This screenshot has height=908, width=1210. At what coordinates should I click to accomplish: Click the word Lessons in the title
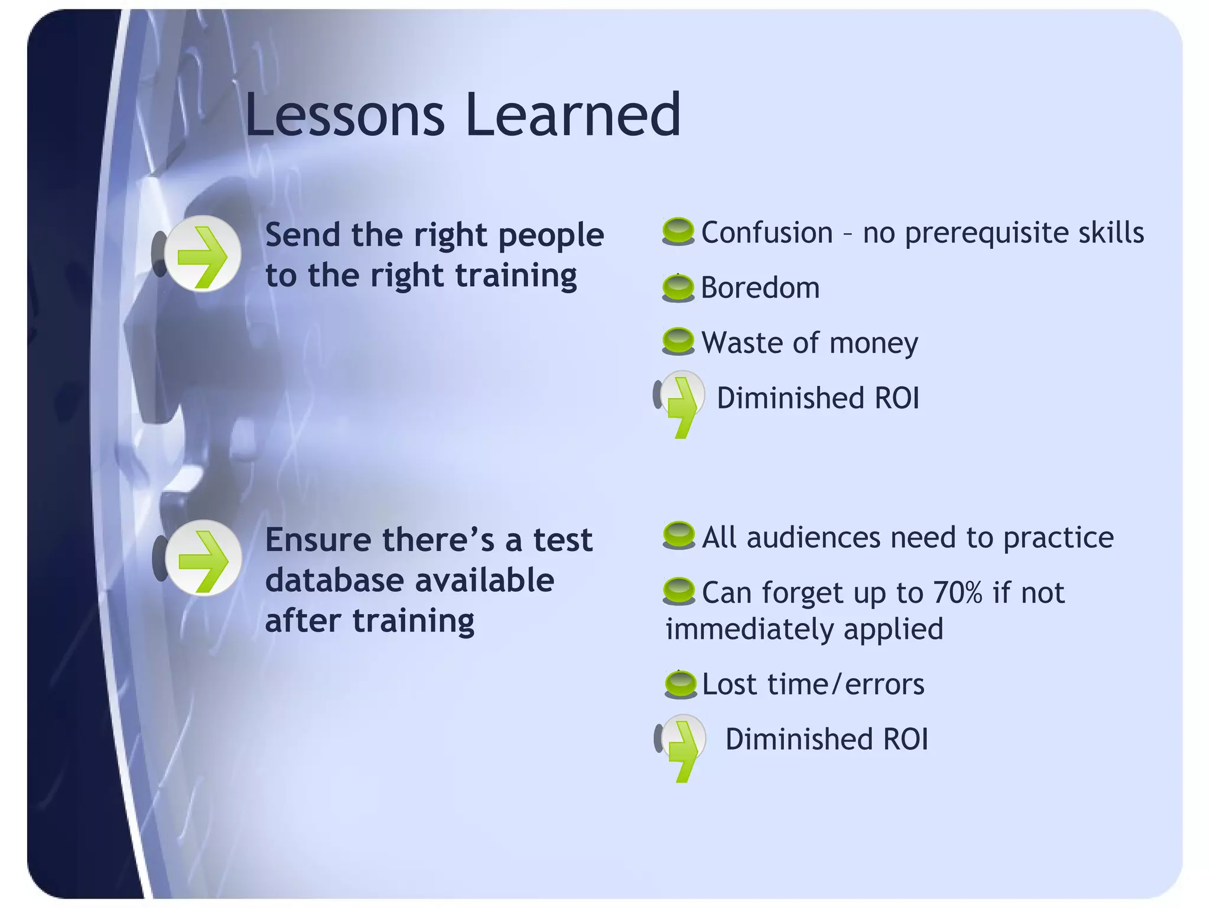(x=344, y=115)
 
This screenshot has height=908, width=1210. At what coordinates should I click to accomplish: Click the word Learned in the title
(x=573, y=115)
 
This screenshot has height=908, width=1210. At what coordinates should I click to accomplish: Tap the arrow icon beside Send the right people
(x=202, y=254)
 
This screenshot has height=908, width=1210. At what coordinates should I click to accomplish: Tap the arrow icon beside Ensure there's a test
(x=203, y=558)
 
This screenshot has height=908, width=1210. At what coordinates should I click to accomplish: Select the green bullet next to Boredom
(x=678, y=288)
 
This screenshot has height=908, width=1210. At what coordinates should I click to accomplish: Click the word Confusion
(x=766, y=232)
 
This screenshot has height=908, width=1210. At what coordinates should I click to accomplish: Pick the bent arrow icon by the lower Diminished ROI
(x=683, y=745)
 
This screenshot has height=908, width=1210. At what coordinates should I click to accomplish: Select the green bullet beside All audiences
(x=678, y=536)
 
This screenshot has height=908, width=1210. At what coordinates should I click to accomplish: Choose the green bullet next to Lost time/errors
(x=680, y=685)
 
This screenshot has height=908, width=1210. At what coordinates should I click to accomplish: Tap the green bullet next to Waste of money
(x=678, y=342)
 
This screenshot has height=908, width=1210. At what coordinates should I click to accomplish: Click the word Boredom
(x=760, y=288)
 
